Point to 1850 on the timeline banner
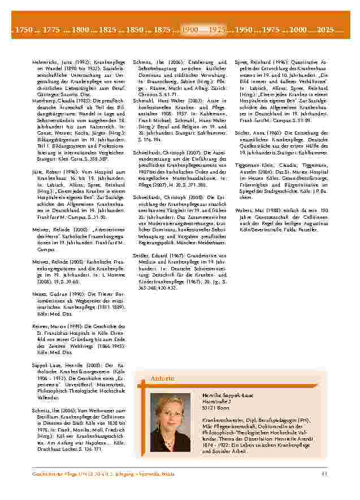[x=135, y=28]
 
